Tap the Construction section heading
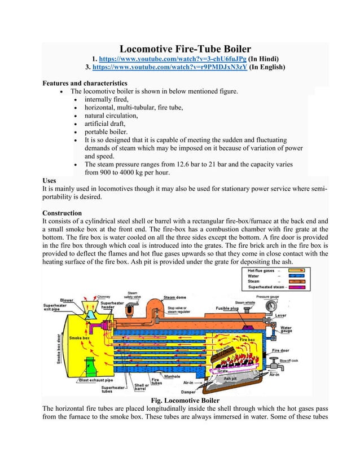pyautogui.click(x=62, y=213)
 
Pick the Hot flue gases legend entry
pyautogui.click(x=261, y=270)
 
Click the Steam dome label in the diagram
pyautogui.click(x=177, y=297)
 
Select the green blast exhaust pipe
pyautogui.click(x=89, y=367)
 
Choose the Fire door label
pyautogui.click(x=280, y=350)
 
